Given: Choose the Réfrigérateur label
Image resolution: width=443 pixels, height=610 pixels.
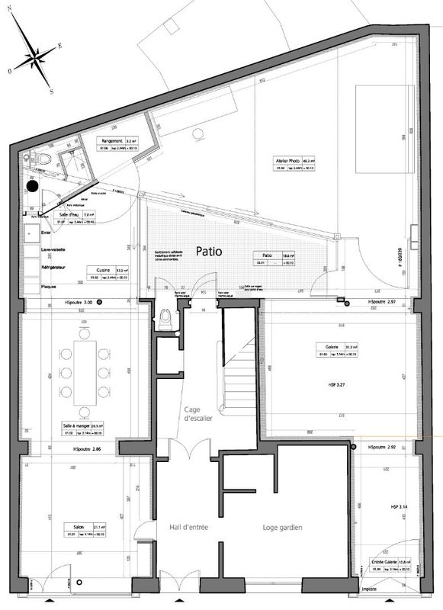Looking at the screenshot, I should [x=56, y=268].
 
